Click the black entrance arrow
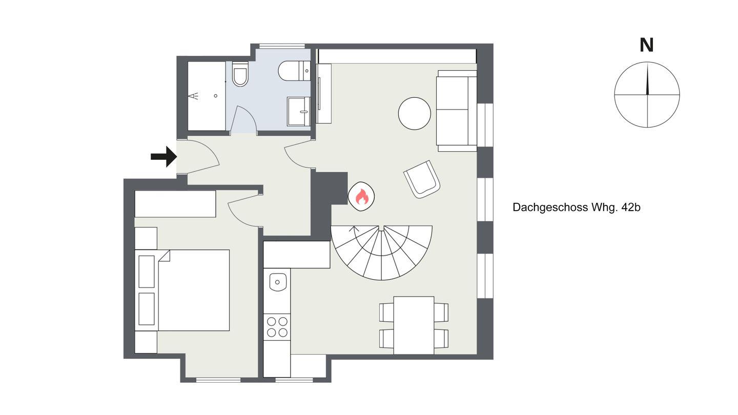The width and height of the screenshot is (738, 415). tap(164, 156)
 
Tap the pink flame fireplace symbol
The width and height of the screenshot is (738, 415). tap(362, 197)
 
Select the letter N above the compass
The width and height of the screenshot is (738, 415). tap(646, 46)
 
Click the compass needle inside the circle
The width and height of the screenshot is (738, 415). tap(647, 79)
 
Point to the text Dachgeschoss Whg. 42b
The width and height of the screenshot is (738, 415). tap(576, 208)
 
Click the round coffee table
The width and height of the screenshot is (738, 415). tap(415, 113)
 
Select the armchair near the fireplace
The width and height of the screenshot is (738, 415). tap(422, 179)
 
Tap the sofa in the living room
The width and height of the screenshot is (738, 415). tap(457, 111)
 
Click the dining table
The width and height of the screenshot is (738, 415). tap(414, 325)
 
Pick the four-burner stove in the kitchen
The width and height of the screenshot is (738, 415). tap(277, 327)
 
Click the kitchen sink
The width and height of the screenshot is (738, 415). tap(278, 282)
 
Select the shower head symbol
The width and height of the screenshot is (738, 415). tap(194, 96)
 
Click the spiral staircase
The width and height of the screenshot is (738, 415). tap(381, 253)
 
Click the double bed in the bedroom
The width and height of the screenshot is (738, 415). tap(182, 290)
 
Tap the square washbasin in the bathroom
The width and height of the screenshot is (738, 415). tap(298, 111)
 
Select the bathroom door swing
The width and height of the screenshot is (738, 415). tap(244, 119)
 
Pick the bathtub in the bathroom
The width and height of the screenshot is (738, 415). tap(207, 96)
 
